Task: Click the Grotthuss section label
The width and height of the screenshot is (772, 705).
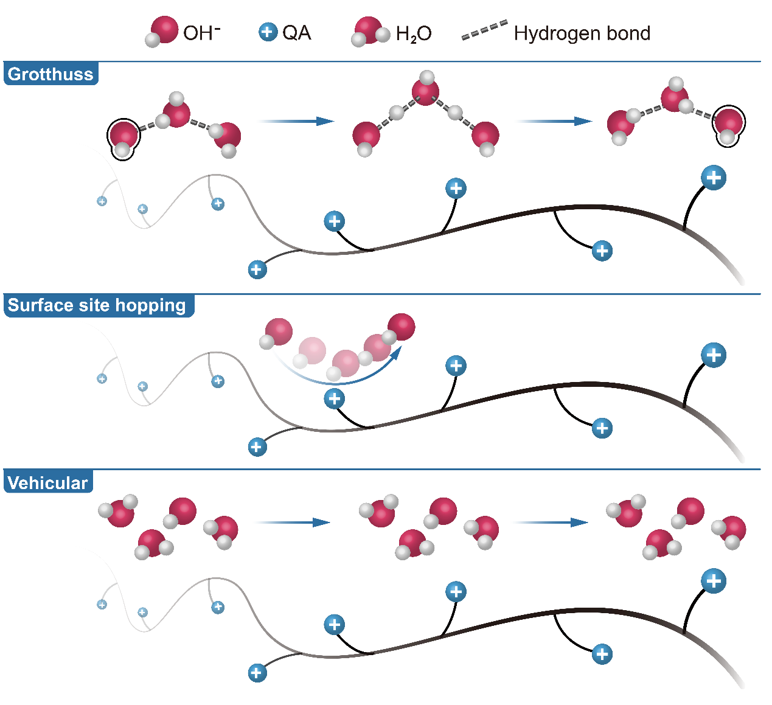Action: tap(50, 74)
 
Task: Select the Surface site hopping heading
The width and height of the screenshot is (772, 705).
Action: tap(97, 305)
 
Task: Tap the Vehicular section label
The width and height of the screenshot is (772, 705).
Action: tap(48, 483)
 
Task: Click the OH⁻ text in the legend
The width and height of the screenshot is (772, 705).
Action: tap(201, 33)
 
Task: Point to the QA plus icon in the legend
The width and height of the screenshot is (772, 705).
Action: tap(268, 32)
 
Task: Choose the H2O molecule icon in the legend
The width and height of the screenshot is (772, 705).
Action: tap(369, 32)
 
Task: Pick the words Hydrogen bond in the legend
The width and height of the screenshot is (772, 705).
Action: tap(582, 33)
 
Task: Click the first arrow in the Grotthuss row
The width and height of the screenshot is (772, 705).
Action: tap(294, 121)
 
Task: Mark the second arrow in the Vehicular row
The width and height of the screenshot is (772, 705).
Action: tap(549, 523)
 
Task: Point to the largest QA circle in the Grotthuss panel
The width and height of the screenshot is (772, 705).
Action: tap(714, 178)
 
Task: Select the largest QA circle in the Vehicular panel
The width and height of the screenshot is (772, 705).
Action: tap(714, 581)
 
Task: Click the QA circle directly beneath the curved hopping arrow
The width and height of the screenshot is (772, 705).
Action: tap(334, 399)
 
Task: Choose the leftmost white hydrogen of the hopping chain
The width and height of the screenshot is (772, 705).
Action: tap(266, 342)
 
